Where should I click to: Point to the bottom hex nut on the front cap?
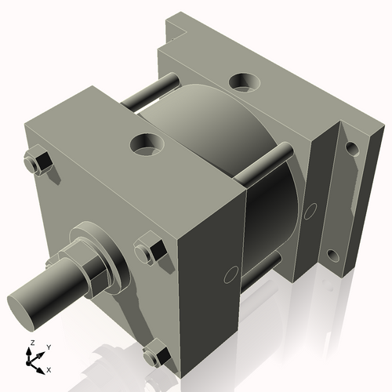coord(158,354)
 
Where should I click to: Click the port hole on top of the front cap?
coord(147,143)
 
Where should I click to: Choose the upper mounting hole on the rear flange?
coord(350,147)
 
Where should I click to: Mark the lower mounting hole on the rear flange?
coord(332,256)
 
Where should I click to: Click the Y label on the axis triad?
coord(48,347)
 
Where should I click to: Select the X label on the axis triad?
coord(49,368)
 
